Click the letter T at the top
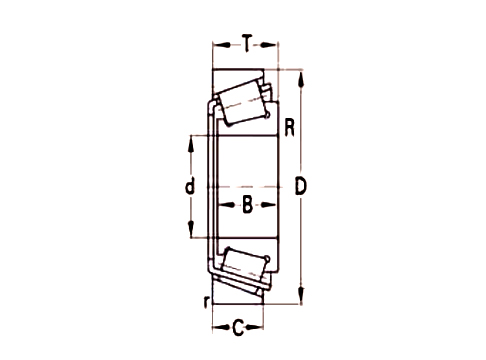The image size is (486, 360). [x=245, y=43]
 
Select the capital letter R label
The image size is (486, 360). [x=289, y=127]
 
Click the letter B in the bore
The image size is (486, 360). [x=246, y=207]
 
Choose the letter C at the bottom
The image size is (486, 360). [x=239, y=324]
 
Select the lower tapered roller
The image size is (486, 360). [x=240, y=268]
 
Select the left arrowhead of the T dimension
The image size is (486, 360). [x=215, y=43]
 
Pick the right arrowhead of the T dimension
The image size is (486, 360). [x=276, y=43]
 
